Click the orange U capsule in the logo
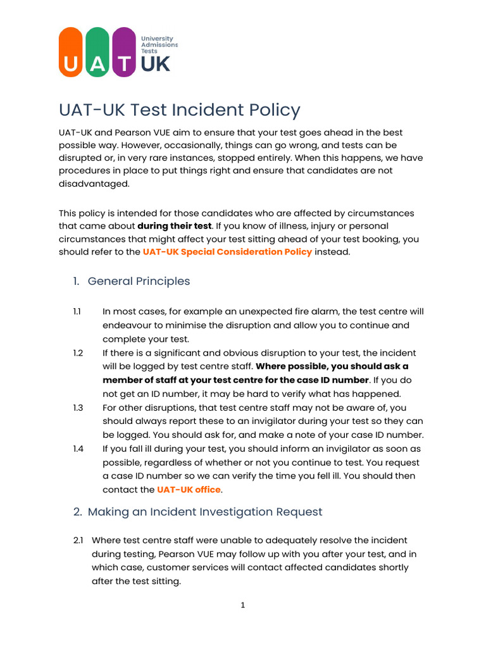point(71,53)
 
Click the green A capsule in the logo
point(97,53)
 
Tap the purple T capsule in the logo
point(125,53)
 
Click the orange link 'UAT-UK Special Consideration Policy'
point(227,252)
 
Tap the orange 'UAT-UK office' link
point(189,490)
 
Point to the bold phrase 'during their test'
point(175,226)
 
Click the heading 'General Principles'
point(139,281)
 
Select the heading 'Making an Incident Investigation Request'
point(205,512)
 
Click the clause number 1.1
point(77,312)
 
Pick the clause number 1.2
point(78,353)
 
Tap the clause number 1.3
point(78,408)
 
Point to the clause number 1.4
point(78,449)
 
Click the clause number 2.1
point(78,540)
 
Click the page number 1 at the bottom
point(242,606)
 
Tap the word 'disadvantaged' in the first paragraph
point(94,184)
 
